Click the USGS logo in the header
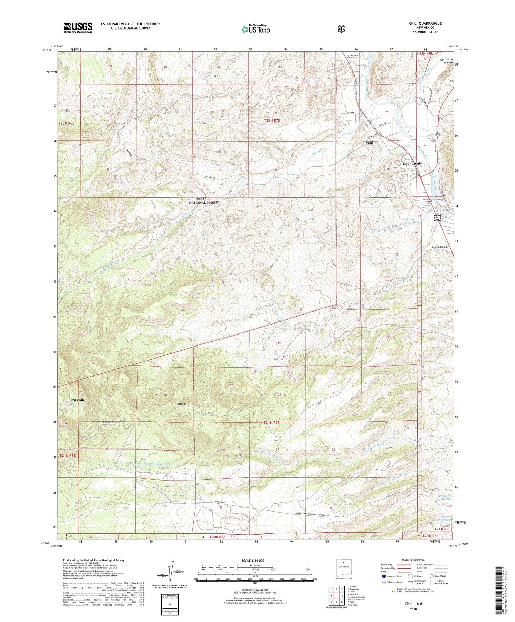[78, 27]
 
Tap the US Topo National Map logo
[255, 29]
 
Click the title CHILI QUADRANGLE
[425, 23]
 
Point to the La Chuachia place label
[412, 164]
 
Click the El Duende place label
[439, 247]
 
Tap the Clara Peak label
[76, 400]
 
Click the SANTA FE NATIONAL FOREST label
[204, 201]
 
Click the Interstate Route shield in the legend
[384, 576]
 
